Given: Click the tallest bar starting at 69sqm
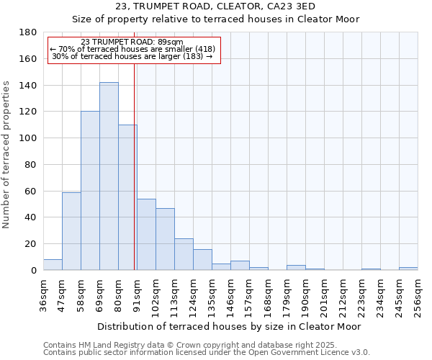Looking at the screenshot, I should pos(109,176).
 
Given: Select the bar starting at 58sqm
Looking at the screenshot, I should pos(90,191).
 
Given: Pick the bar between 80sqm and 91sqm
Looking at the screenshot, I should pos(127,197).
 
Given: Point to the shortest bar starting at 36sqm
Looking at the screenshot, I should pos(53,264).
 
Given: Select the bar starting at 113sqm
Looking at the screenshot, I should pos(184,254).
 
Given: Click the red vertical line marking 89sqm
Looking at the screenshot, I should pos(135,180).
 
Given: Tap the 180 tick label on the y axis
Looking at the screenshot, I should pos(29,32).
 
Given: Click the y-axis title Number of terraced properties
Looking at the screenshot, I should pos(6,155).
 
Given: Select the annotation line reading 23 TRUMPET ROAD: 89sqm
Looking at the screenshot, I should pos(132,42).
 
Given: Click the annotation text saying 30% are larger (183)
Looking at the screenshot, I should pos(132,56).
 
